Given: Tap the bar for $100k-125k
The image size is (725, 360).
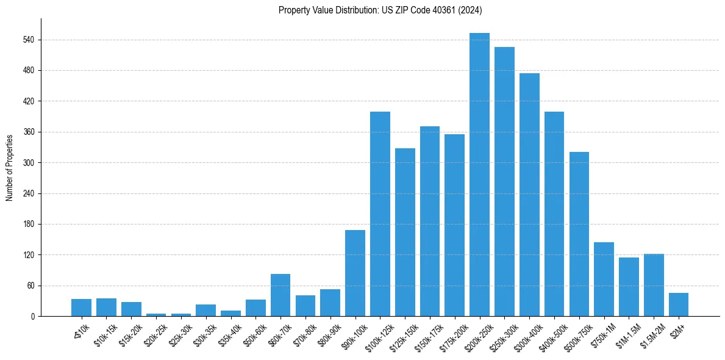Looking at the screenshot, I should [380, 214].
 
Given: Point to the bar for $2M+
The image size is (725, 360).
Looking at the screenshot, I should [679, 304].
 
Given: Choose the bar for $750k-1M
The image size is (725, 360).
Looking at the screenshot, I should [604, 279].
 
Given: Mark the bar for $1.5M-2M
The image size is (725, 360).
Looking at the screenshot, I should [654, 285].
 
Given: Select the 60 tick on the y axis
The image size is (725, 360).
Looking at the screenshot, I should [30, 286].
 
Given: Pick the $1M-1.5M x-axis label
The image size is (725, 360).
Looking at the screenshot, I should [626, 333].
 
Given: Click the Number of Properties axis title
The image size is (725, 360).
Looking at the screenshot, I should [9, 167].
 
